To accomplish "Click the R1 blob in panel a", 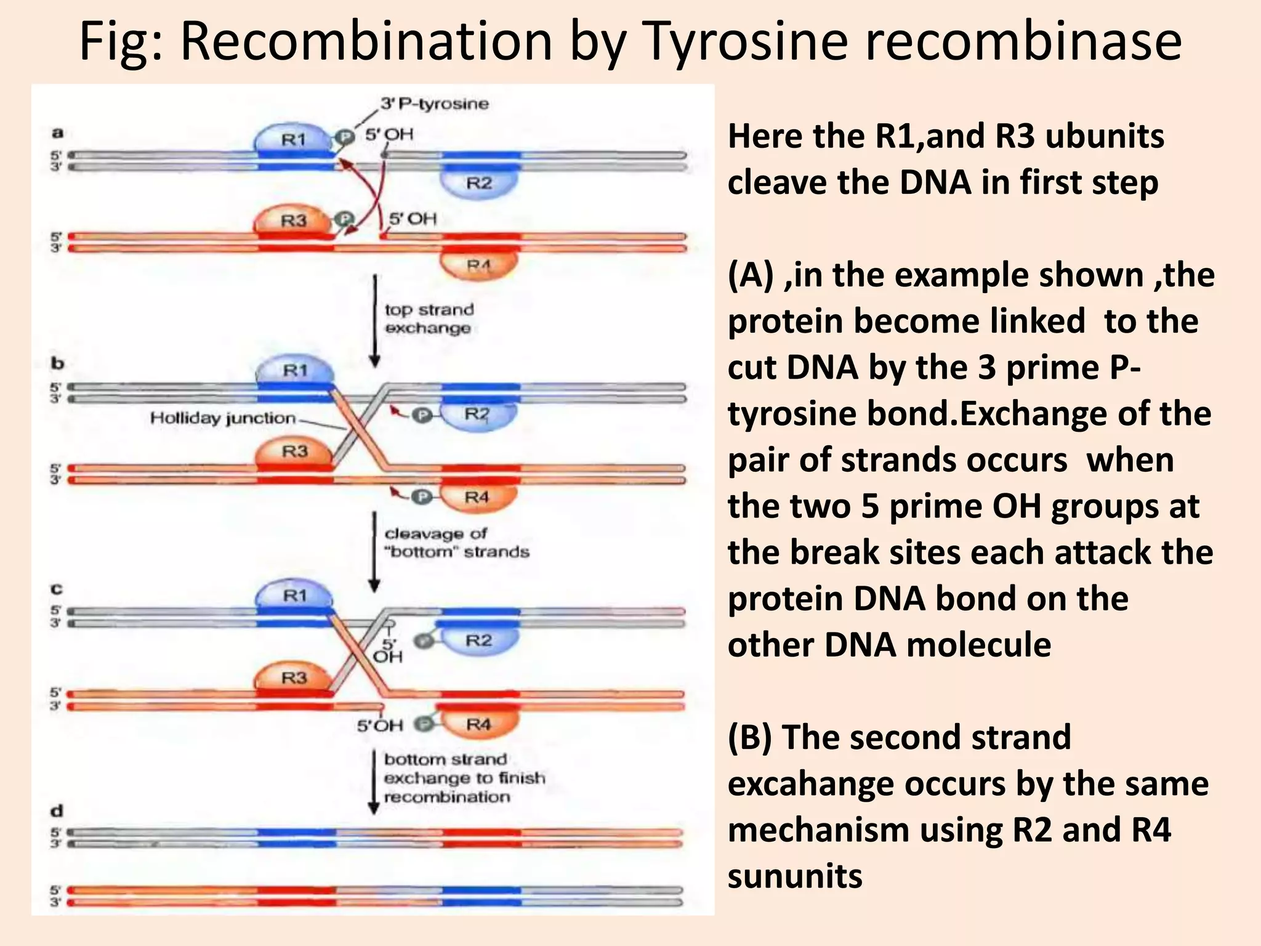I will [293, 140].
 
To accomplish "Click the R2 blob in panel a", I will [478, 183].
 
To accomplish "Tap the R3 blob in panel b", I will [294, 451].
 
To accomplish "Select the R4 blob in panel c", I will [478, 724].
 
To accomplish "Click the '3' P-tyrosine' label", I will [434, 103].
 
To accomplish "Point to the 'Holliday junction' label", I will [223, 418].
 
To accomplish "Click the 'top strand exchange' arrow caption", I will [429, 318].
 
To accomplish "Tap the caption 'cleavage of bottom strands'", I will [456, 543].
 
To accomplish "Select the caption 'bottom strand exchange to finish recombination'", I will [464, 778].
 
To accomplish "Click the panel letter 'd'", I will [57, 811].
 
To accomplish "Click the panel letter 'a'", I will [57, 132].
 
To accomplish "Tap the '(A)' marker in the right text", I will [751, 275].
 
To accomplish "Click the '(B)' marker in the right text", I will [750, 737].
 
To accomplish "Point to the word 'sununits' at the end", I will [795, 876].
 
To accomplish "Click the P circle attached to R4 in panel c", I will [423, 724].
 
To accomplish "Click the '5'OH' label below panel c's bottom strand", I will [380, 726].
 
